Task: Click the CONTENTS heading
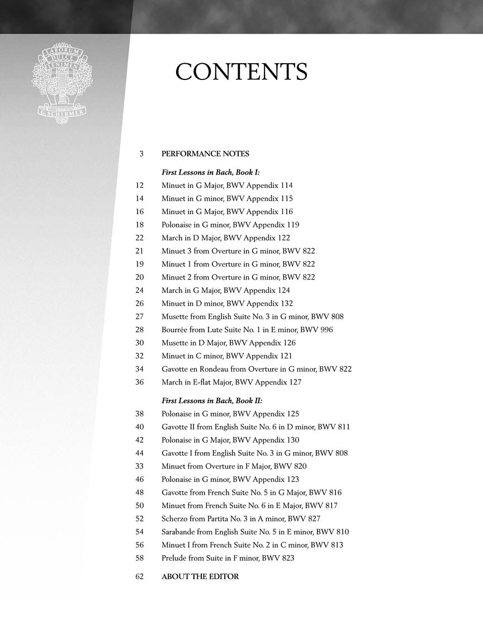click(241, 73)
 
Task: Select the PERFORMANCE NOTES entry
click(205, 154)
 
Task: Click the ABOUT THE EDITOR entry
click(200, 576)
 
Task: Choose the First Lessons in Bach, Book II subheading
click(212, 401)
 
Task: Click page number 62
click(140, 576)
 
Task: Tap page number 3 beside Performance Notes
click(141, 154)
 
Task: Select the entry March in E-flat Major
click(231, 382)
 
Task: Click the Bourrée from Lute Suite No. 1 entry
click(247, 330)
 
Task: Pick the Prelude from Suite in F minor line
click(228, 558)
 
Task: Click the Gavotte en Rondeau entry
click(256, 369)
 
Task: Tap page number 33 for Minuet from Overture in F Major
click(140, 466)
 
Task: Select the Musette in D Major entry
click(228, 343)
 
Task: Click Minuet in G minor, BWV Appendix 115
click(227, 198)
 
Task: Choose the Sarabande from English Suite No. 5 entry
click(255, 532)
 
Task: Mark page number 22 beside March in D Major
click(140, 238)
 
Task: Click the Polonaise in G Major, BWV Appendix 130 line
click(230, 440)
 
